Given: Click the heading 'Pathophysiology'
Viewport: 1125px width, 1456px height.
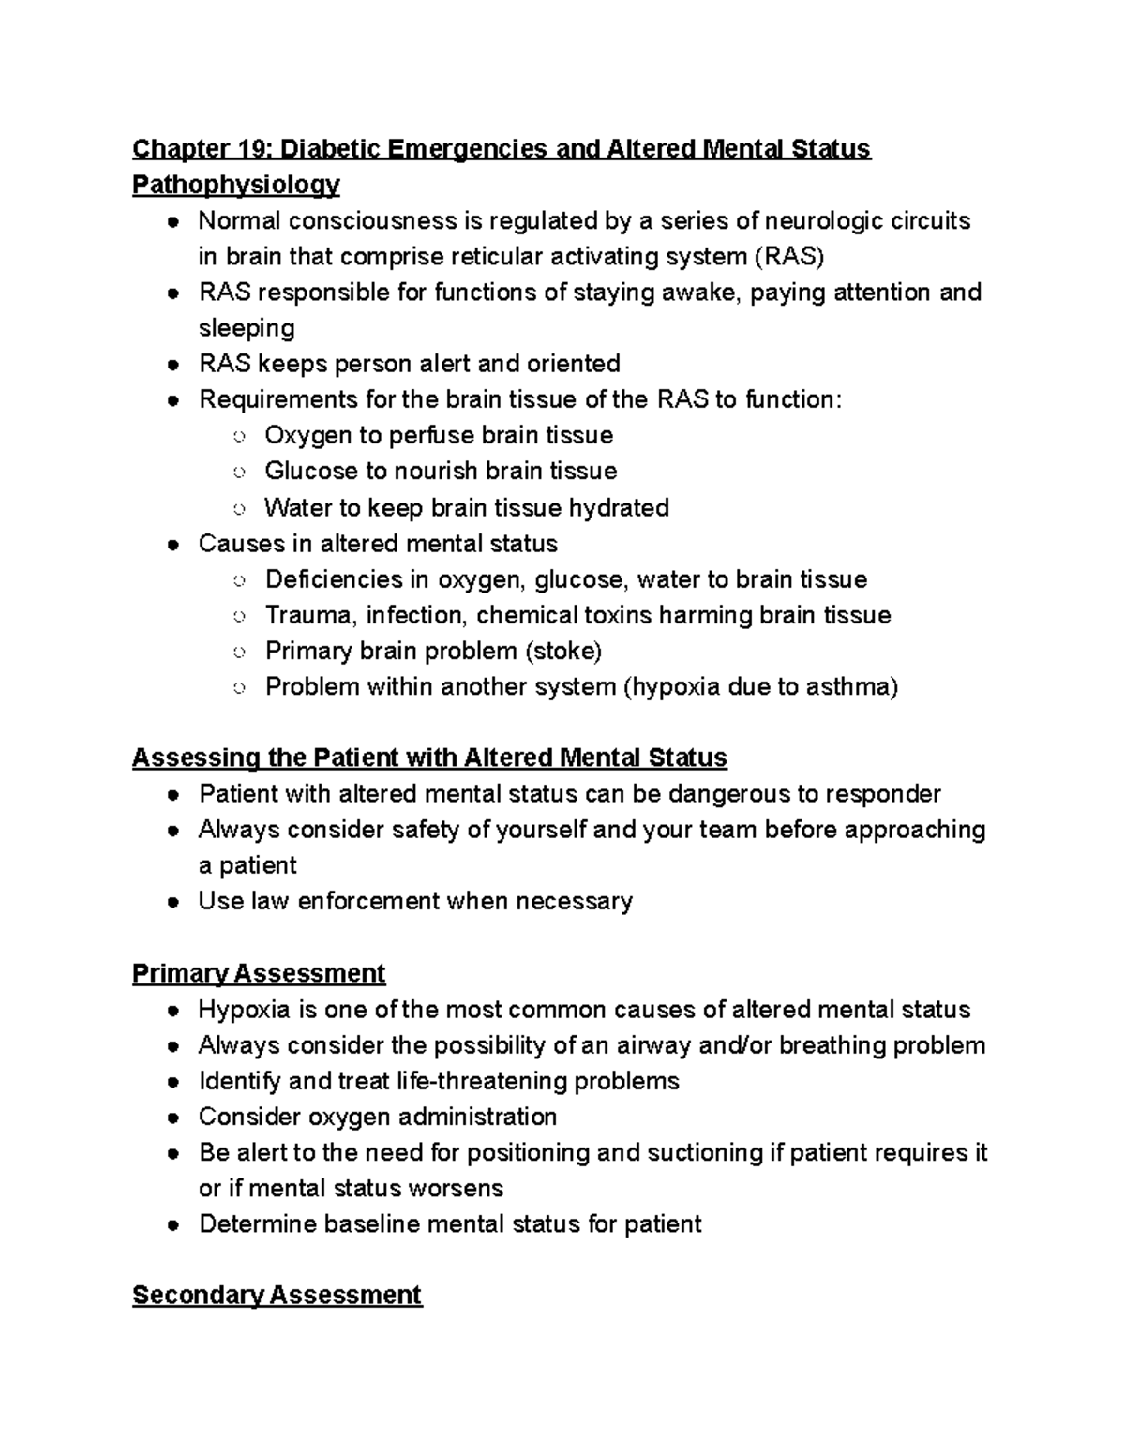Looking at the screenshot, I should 235,185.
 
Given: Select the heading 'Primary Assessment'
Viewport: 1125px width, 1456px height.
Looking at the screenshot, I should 259,973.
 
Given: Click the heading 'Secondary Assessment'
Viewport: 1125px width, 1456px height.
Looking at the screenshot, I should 277,1295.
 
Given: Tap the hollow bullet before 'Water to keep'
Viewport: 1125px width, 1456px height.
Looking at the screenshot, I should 239,508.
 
